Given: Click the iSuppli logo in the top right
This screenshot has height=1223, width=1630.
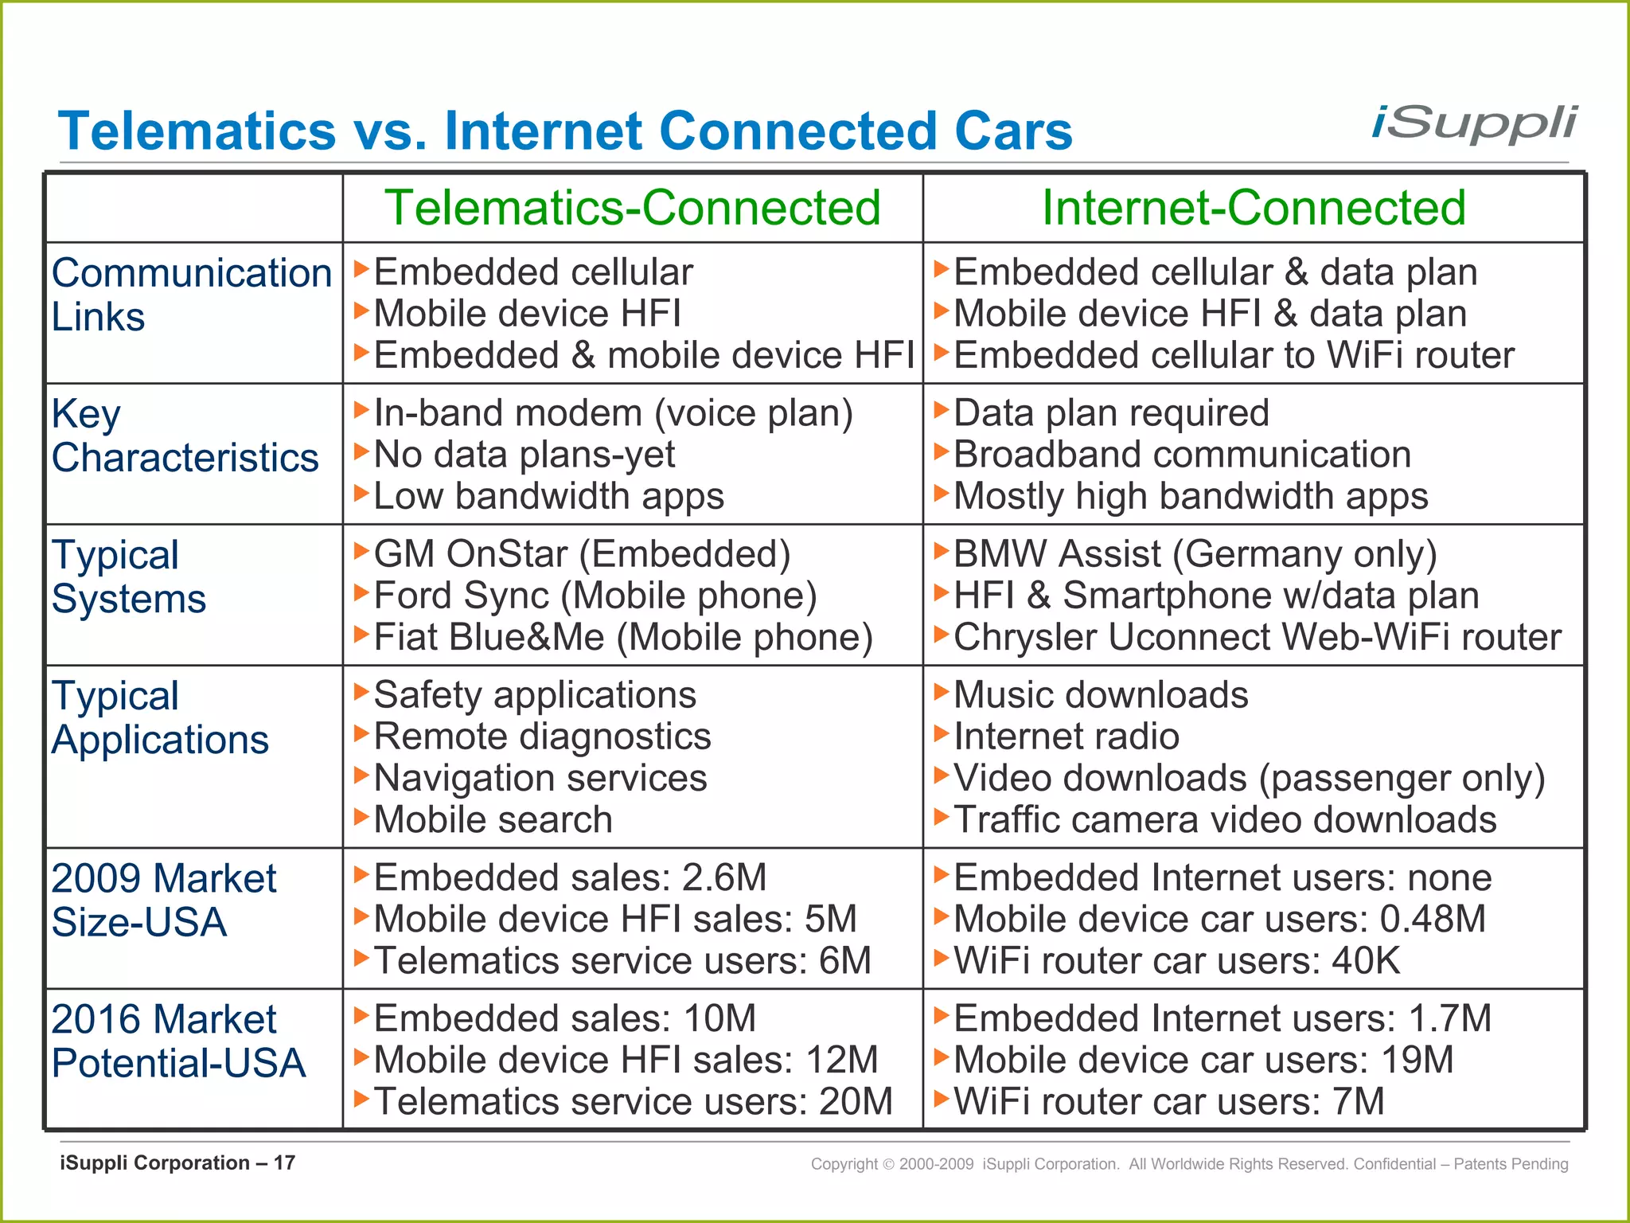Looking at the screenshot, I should pyautogui.click(x=1474, y=125).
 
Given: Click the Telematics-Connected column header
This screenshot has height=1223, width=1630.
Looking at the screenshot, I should pyautogui.click(x=632, y=208).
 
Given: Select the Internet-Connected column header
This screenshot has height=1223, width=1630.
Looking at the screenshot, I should pyautogui.click(x=1254, y=208).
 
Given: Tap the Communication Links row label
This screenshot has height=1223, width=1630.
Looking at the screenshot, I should pyautogui.click(x=191, y=295).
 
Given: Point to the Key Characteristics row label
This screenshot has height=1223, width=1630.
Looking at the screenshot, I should pyautogui.click(x=185, y=436).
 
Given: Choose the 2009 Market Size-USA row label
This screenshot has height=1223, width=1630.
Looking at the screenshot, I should pyautogui.click(x=164, y=901).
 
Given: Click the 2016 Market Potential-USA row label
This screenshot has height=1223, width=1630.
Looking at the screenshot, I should pyautogui.click(x=178, y=1041).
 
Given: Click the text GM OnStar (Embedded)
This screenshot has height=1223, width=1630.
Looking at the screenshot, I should pyautogui.click(x=582, y=554).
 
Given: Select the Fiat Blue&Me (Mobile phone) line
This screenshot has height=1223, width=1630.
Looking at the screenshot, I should pyautogui.click(x=623, y=637).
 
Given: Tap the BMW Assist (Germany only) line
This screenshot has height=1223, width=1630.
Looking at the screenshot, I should pyautogui.click(x=1195, y=554).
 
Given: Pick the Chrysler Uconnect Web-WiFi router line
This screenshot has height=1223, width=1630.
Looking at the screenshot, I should pyautogui.click(x=1258, y=637).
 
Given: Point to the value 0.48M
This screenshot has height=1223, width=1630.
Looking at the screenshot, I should pyautogui.click(x=1433, y=919).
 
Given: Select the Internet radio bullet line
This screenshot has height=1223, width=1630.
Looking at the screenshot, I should pyautogui.click(x=1067, y=737).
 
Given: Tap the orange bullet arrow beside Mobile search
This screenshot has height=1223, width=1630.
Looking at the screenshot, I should pyautogui.click(x=361, y=816).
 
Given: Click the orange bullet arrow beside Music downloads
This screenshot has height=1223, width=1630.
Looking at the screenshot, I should pyautogui.click(x=942, y=692).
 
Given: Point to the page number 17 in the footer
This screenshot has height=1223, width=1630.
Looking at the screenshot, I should pyautogui.click(x=284, y=1163).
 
